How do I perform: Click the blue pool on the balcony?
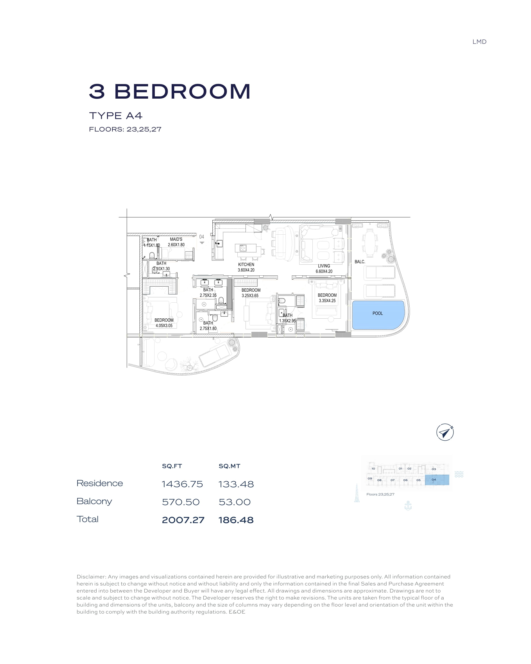(378, 315)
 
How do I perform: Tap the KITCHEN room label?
(246, 264)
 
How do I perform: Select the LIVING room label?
(324, 266)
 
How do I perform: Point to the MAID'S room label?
(176, 239)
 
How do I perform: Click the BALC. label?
(359, 262)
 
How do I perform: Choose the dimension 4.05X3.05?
(164, 325)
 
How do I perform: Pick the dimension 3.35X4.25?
(327, 301)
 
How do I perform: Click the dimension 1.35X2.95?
(287, 321)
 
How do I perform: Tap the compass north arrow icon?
(445, 432)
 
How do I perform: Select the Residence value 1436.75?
(182, 484)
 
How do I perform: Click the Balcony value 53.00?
(234, 502)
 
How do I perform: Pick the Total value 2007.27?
(183, 520)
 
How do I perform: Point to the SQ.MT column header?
(229, 466)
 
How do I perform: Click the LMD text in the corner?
(479, 42)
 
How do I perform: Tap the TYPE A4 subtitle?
(115, 116)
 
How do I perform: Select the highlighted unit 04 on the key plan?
(437, 480)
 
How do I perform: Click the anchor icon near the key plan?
(408, 506)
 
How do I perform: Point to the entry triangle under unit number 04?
(202, 243)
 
